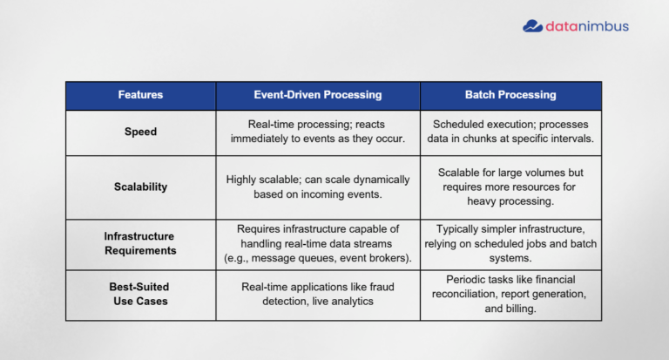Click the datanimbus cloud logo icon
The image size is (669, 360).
click(532, 26)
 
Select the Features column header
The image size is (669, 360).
click(140, 94)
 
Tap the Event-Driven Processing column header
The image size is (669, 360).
click(318, 94)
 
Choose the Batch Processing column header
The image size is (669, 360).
click(510, 94)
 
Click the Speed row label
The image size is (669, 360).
click(140, 132)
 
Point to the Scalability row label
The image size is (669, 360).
click(140, 187)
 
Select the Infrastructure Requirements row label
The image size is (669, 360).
click(140, 243)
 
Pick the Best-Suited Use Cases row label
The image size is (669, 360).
click(140, 293)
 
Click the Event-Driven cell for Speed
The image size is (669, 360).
click(318, 132)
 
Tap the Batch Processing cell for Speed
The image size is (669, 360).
click(510, 132)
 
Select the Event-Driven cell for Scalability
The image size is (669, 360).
click(318, 187)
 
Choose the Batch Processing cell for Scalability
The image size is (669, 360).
click(510, 187)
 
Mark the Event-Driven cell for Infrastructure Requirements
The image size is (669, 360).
click(318, 243)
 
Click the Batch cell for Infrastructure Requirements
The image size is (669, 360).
click(510, 243)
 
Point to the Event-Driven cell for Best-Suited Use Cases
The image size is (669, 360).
click(318, 293)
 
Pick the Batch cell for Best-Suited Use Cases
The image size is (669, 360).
click(510, 294)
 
